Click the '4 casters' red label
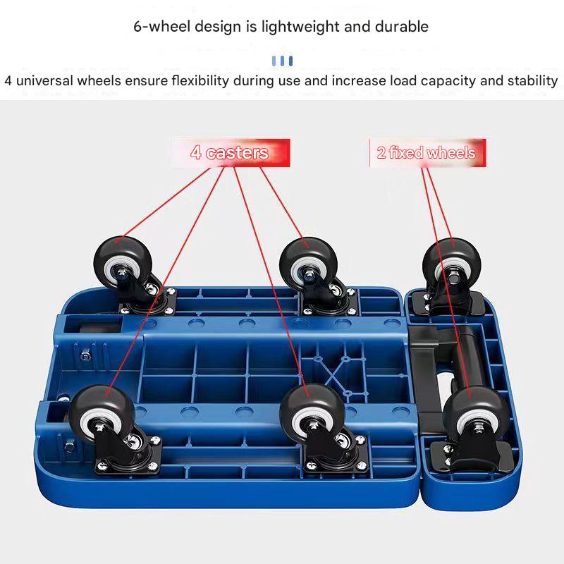point(231,153)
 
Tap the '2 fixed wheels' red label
point(427,153)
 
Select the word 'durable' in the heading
point(402,26)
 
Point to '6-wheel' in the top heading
point(162,27)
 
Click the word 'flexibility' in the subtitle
point(200,80)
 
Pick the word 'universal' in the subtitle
point(44,80)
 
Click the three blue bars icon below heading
point(282,61)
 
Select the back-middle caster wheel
point(309,264)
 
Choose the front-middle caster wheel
point(312,415)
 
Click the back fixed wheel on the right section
point(451,266)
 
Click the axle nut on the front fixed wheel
point(479,427)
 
